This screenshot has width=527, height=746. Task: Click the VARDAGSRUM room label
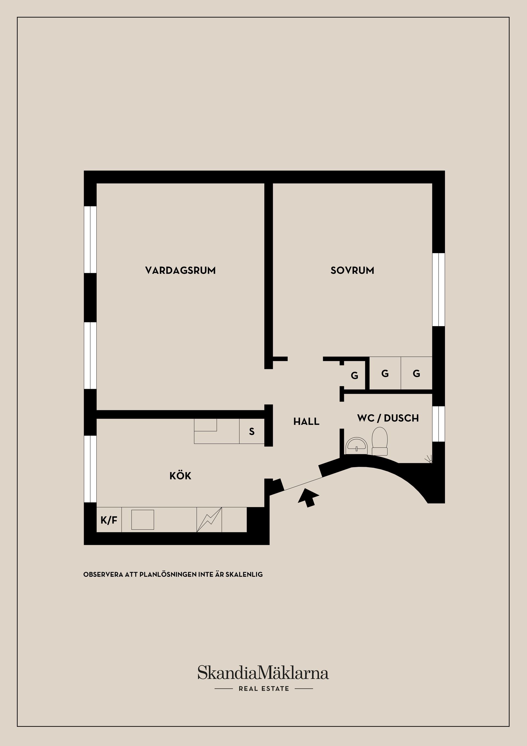180,270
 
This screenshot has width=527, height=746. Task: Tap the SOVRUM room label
352,270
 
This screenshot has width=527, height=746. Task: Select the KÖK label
180,476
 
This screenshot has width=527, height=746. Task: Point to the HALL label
306,421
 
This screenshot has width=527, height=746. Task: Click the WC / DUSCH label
388,418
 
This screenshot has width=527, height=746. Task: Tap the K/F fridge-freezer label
109,520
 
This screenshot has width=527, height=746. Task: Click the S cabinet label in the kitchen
251,431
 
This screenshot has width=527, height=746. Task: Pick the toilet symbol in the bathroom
380,442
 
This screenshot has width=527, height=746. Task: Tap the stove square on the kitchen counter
142,520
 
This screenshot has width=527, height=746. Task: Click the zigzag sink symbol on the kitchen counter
209,520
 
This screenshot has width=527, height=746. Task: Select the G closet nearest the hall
354,376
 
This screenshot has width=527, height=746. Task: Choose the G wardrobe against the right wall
416,373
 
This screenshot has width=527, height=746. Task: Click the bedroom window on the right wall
438,290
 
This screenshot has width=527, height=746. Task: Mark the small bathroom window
438,424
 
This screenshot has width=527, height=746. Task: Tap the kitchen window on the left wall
90,469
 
